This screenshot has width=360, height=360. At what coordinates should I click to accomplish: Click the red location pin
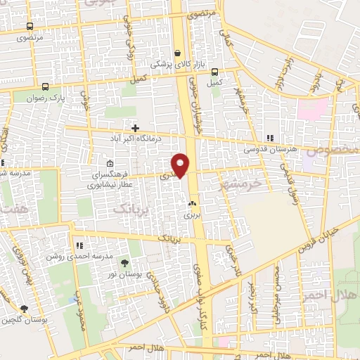[x=181, y=164]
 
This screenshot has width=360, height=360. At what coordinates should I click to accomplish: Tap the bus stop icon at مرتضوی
[x=28, y=25]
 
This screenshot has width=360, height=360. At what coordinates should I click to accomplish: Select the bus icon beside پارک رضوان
[x=46, y=86]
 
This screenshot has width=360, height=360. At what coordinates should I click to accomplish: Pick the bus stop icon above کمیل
[x=214, y=72]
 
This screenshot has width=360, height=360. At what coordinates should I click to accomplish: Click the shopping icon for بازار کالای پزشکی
[x=177, y=53]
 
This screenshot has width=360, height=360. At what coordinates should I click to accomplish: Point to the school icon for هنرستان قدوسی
[x=269, y=138]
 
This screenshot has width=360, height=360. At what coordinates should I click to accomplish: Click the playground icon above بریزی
[x=191, y=203]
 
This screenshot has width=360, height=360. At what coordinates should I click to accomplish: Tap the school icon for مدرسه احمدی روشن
[x=79, y=245]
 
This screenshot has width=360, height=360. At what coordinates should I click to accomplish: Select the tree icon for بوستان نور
[x=124, y=262]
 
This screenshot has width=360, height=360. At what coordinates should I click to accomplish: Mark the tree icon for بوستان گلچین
[x=24, y=309]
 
